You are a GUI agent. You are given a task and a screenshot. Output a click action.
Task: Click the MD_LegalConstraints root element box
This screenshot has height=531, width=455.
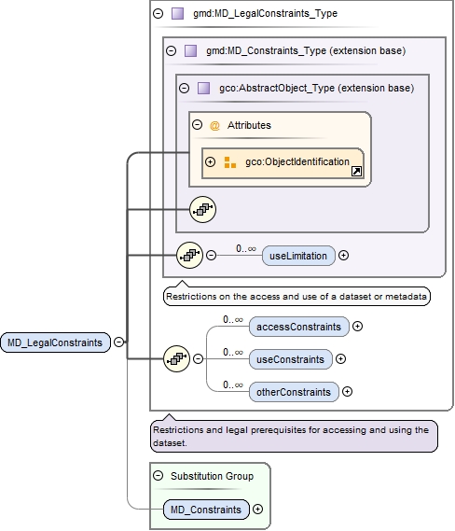coord(55,342)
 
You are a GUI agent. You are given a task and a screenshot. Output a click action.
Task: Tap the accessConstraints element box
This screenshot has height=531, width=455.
coord(298,326)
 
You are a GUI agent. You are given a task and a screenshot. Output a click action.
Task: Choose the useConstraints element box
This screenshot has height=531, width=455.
coord(291,358)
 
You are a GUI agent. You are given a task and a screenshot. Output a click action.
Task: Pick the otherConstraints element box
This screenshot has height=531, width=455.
coord(294,392)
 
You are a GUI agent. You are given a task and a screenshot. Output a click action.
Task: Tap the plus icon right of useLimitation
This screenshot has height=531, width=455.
coord(344,255)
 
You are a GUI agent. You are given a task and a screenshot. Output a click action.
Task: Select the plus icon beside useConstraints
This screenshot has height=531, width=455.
coord(340,358)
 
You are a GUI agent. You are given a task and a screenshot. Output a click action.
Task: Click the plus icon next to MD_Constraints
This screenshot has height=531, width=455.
coord(258,510)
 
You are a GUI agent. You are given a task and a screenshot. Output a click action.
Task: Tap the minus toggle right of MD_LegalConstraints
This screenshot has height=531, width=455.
coord(119,342)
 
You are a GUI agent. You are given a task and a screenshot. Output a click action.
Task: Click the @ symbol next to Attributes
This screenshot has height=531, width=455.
coord(214,125)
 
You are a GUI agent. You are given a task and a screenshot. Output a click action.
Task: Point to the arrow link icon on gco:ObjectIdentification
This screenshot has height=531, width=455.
coord(355,172)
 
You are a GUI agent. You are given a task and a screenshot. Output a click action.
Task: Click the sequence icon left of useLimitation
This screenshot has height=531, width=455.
coord(189,254)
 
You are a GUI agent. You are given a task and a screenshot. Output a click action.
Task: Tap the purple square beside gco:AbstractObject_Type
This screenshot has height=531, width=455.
coord(203,88)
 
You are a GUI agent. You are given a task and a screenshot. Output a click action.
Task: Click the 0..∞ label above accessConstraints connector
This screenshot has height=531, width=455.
coord(233,319)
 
